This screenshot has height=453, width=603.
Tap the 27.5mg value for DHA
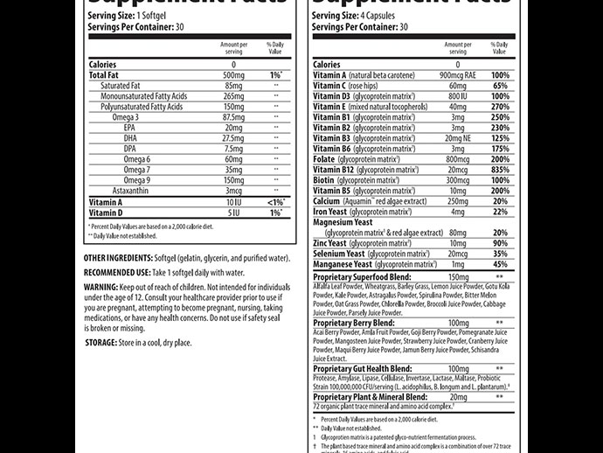(x=232, y=137)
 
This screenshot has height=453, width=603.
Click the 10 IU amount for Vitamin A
(x=232, y=201)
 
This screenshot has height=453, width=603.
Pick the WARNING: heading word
(x=107, y=286)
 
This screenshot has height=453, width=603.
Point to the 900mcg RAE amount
(x=450, y=75)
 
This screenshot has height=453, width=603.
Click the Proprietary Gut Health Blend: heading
(x=363, y=369)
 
